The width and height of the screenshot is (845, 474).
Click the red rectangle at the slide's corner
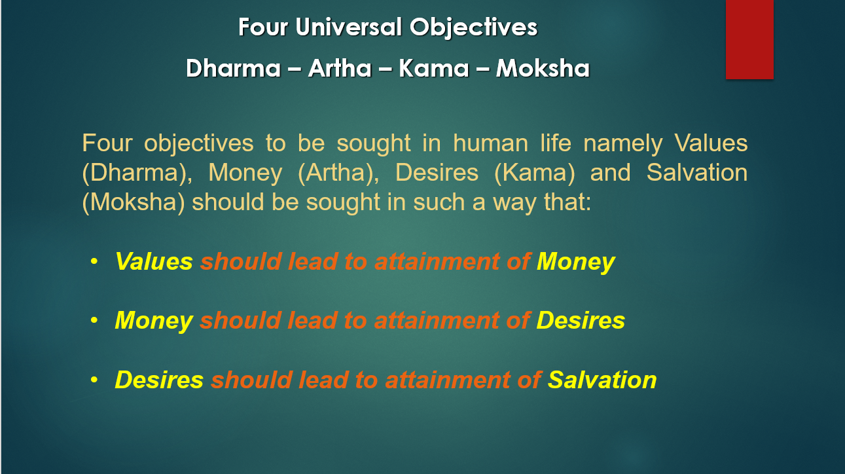click(749, 39)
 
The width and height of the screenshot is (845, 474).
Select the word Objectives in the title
click(473, 28)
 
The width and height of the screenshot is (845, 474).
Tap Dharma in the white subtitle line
click(233, 68)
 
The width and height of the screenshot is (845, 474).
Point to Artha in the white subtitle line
click(340, 68)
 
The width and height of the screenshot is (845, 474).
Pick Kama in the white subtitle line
click(434, 68)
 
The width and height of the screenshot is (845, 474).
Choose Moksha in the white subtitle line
click(543, 68)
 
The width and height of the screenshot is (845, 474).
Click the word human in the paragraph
click(490, 143)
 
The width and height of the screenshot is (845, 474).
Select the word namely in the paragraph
click(623, 144)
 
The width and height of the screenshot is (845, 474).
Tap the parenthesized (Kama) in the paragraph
click(535, 173)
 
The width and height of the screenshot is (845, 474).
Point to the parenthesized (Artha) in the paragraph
click(338, 173)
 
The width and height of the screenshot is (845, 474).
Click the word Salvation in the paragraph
click(697, 173)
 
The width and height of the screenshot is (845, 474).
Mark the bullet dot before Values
click(94, 261)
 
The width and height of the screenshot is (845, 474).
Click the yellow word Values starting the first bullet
click(154, 261)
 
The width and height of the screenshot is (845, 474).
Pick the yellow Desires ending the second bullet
click(581, 320)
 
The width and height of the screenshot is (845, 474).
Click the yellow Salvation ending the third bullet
click(602, 380)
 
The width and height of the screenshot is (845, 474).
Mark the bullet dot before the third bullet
click(94, 379)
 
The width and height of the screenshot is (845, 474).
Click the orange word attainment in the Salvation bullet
click(448, 380)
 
